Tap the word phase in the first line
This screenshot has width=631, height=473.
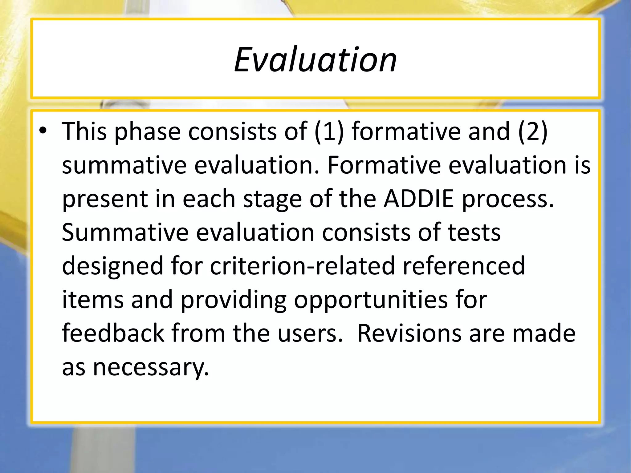147,132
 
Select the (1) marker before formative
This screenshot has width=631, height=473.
329,132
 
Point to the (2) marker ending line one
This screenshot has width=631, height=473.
533,132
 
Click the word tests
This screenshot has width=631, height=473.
474,232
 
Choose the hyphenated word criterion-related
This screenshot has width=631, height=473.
302,266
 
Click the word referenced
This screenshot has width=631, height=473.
464,266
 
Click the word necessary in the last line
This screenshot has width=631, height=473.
151,368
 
